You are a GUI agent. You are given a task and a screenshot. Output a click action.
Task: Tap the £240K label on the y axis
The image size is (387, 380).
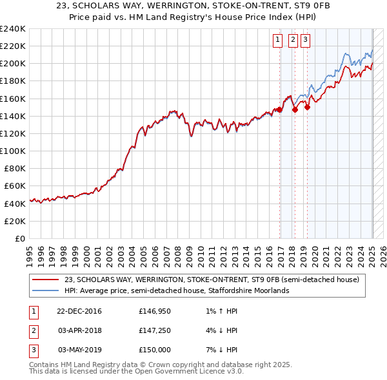13,29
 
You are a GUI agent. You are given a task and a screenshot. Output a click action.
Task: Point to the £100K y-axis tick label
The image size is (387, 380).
13,151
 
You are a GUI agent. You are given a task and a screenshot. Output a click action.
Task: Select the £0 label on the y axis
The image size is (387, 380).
19,238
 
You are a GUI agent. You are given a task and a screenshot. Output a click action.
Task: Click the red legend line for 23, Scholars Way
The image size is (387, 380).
45,280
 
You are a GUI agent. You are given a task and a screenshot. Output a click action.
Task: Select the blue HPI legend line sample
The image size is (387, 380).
45,290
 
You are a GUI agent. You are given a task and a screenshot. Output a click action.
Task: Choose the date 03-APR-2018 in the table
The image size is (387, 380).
79,331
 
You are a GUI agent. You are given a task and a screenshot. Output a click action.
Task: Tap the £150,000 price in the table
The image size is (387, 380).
155,350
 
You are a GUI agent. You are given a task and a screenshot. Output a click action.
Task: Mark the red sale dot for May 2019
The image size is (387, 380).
307,108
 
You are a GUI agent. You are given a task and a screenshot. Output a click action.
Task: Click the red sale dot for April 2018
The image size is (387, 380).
295,109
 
